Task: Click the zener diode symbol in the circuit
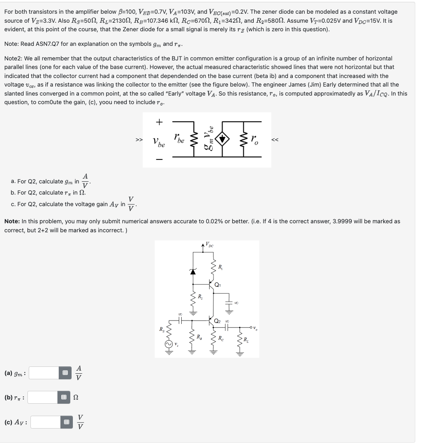(x=193, y=271)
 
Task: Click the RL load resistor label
(x=246, y=341)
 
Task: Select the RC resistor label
(x=221, y=338)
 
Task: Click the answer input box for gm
(x=44, y=373)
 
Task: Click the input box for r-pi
(x=44, y=397)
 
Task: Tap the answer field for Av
(x=45, y=422)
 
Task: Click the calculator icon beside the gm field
(x=65, y=373)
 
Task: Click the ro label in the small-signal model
(x=255, y=139)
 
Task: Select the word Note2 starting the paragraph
(x=13, y=58)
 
